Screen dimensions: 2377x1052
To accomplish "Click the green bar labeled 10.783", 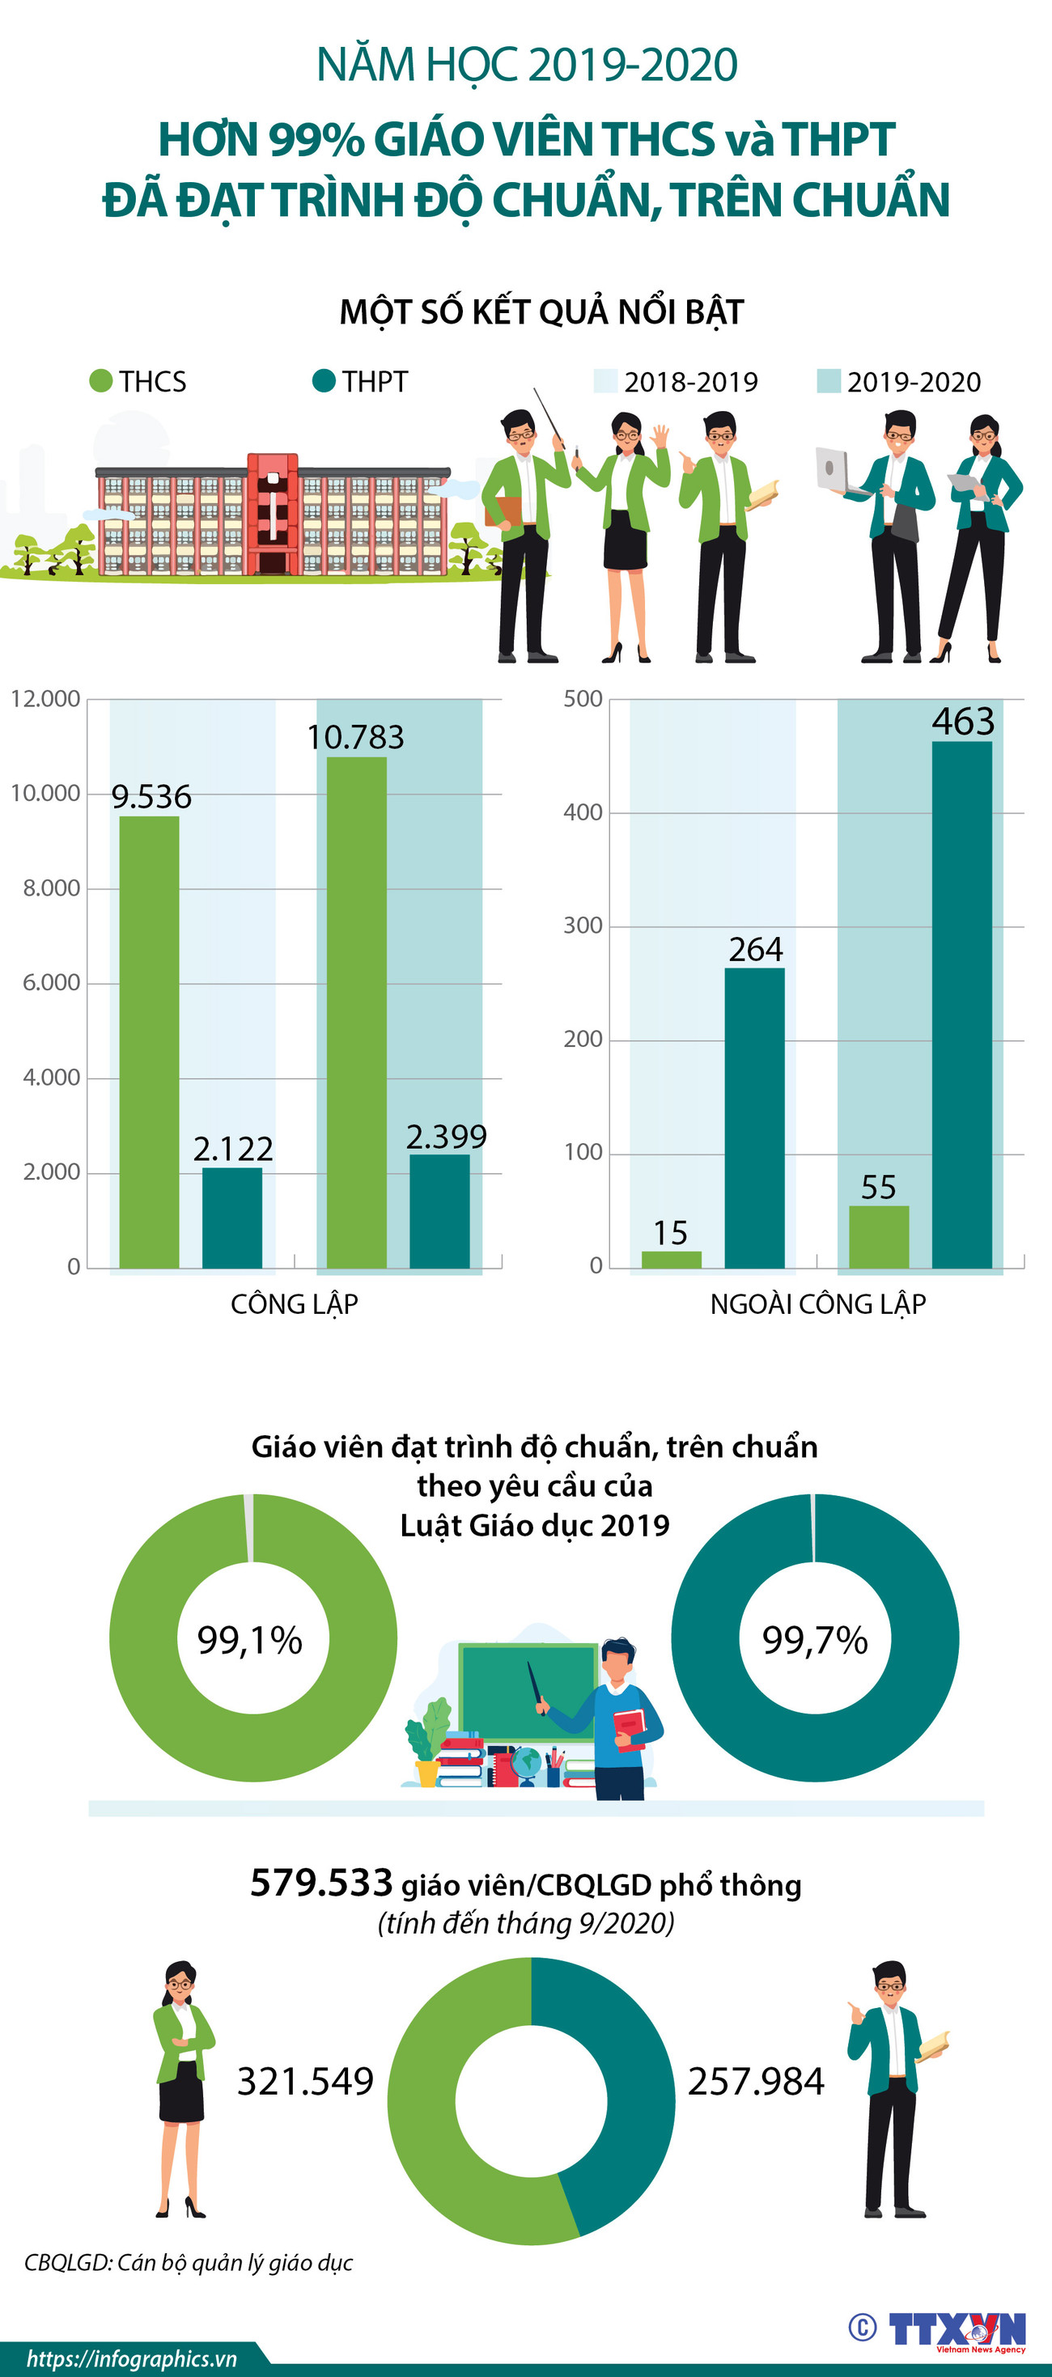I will click(x=356, y=1012).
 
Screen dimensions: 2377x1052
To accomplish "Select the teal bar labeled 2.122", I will click(x=231, y=1217).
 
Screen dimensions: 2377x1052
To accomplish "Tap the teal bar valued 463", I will click(x=961, y=1004).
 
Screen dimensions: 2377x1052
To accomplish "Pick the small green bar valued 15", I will click(x=671, y=1259).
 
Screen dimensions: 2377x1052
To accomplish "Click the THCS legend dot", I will click(x=100, y=381).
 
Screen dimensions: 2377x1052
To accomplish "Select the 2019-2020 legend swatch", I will click(x=829, y=381).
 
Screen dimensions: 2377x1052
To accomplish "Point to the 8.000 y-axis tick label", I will click(x=52, y=888).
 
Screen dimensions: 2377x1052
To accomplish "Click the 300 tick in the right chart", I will click(x=583, y=926).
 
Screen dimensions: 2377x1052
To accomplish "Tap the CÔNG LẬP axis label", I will click(x=294, y=1304).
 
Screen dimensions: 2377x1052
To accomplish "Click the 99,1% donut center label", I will click(x=250, y=1640).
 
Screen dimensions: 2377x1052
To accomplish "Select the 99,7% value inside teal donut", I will click(x=815, y=1640).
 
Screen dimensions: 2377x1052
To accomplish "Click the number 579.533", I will click(x=321, y=1883).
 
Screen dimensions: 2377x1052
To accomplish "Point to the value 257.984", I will click(x=756, y=2082).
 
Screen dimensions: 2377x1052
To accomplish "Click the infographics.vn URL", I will click(x=131, y=2358).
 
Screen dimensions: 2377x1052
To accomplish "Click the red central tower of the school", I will click(x=272, y=512).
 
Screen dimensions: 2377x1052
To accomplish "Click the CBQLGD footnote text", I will click(x=189, y=2261).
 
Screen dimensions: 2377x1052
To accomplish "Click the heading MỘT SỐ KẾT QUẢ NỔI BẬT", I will click(x=541, y=311).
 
